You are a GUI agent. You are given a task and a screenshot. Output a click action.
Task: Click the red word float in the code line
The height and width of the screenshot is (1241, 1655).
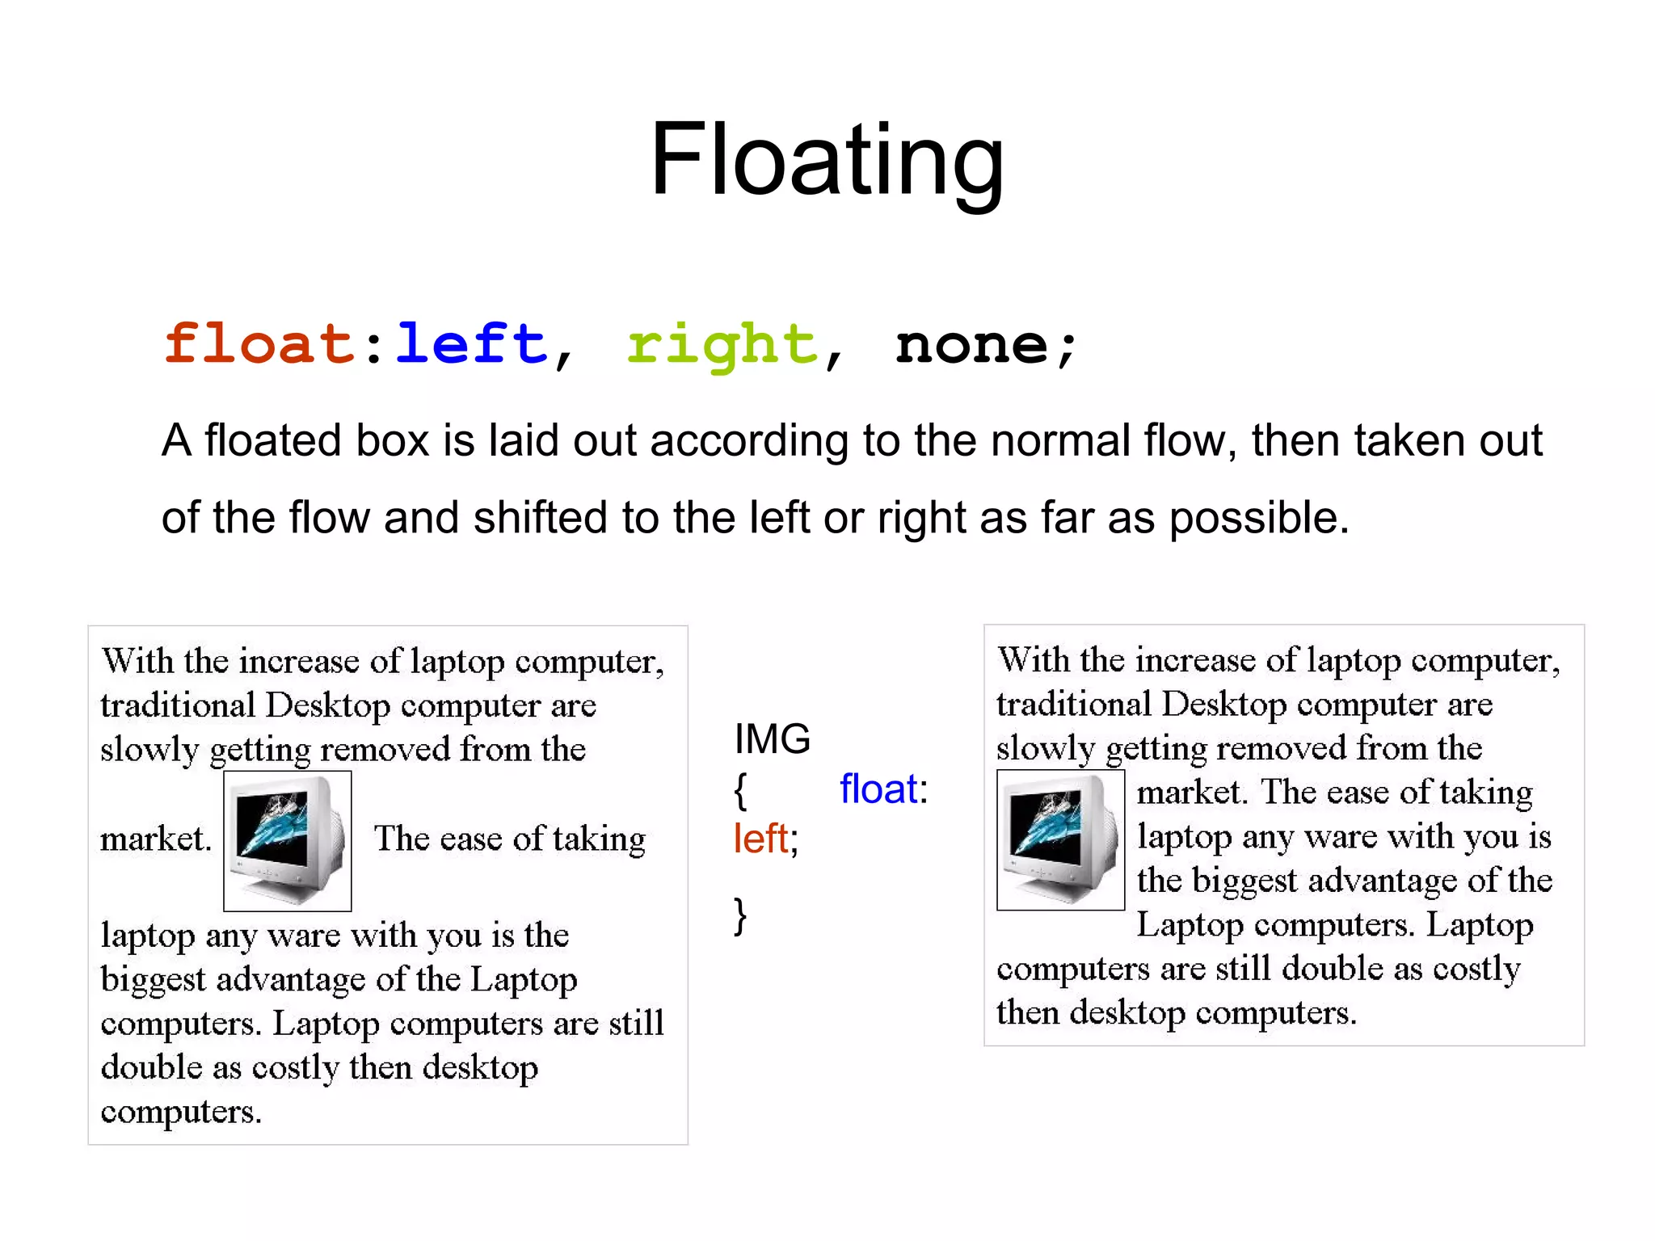coord(259,344)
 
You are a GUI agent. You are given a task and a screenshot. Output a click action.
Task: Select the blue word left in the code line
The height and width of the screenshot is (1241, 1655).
coord(471,344)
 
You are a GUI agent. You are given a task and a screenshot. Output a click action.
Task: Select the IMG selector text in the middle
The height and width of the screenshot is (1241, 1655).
coord(772,738)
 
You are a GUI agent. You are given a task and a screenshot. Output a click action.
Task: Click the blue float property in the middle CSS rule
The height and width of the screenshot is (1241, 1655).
coord(878,789)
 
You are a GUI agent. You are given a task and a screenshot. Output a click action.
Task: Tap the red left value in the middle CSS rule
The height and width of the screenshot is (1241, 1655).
coord(760,839)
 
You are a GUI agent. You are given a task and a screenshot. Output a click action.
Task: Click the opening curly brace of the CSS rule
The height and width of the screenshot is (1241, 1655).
coord(740,790)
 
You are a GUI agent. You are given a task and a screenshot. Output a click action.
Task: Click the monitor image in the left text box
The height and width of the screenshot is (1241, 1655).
coord(287,840)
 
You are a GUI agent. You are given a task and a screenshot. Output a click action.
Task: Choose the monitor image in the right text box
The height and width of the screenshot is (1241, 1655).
coord(1060,839)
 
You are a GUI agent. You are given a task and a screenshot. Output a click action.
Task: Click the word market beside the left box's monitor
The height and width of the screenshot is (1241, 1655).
coord(154,839)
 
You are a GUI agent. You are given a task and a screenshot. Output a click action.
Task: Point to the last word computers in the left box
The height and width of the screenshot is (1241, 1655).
coord(180,1112)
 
